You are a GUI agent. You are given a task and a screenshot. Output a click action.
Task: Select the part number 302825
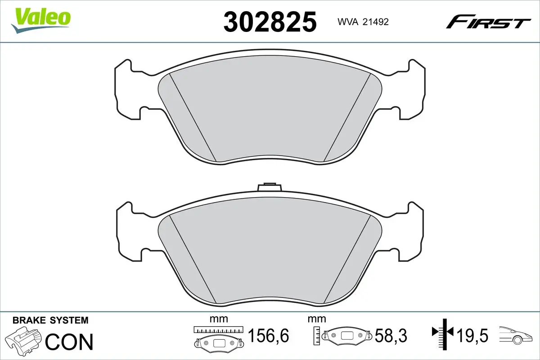pyautogui.click(x=270, y=22)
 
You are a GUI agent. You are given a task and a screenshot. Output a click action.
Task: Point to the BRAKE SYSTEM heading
pyautogui.click(x=50, y=320)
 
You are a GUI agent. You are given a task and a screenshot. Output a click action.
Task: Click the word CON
pyautogui.click(x=69, y=342)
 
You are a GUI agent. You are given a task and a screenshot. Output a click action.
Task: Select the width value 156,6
pyautogui.click(x=268, y=336)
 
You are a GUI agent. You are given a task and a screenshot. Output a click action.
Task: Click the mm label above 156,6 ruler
pyautogui.click(x=219, y=319)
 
